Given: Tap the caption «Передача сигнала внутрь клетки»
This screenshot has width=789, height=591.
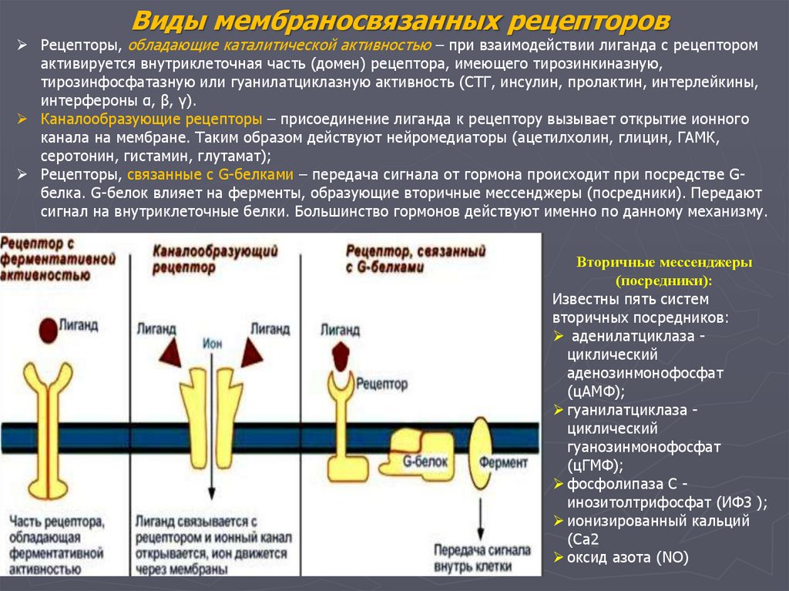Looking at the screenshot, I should click(481, 558).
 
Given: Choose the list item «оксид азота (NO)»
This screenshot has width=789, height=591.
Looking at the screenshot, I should click(626, 557).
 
